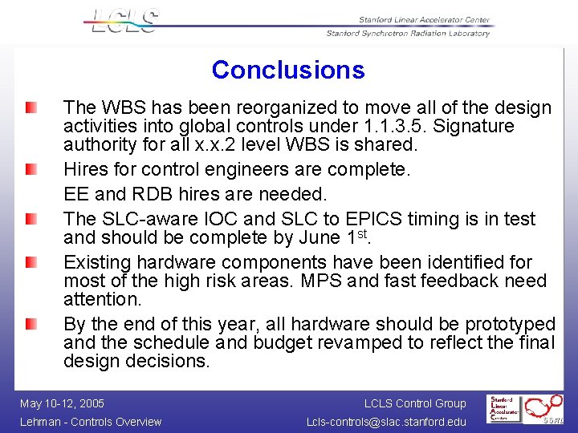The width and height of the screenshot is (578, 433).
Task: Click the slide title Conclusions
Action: click(288, 70)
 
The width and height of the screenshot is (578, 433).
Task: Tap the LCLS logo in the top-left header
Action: click(124, 21)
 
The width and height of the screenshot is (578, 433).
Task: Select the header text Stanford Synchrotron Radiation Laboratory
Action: click(407, 34)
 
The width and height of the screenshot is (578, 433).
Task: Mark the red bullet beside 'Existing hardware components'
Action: click(31, 263)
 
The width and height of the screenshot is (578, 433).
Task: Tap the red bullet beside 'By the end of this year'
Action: click(31, 325)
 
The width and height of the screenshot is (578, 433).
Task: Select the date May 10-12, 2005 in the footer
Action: click(62, 403)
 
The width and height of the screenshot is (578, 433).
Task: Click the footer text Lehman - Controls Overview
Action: click(91, 422)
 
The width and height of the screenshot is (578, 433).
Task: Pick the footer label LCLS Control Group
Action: click(414, 403)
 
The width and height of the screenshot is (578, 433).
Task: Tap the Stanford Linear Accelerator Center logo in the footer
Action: click(506, 408)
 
